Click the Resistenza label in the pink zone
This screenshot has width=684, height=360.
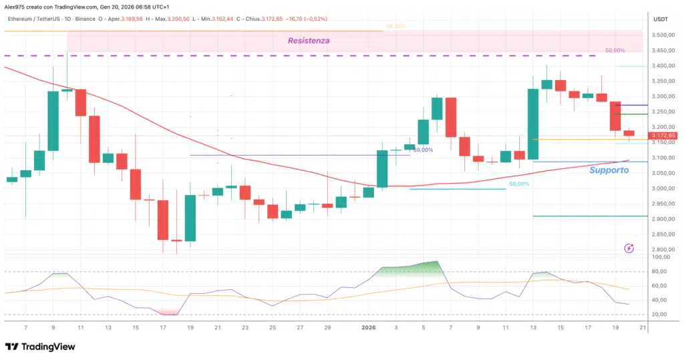click(308, 41)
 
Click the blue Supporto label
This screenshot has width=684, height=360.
click(609, 170)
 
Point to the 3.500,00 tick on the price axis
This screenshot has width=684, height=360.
click(663, 35)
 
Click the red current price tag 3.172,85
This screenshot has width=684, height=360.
click(663, 136)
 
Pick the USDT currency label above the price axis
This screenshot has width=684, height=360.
click(661, 19)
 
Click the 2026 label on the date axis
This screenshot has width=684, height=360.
click(368, 328)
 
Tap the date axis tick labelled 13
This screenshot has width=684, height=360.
click(533, 328)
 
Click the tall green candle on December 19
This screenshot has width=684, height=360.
click(190, 218)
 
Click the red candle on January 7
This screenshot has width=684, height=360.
click(451, 117)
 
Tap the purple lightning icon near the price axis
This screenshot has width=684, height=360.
click(629, 248)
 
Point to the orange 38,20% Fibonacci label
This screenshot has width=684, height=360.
click(395, 26)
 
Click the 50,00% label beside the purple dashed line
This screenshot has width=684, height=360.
click(615, 51)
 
